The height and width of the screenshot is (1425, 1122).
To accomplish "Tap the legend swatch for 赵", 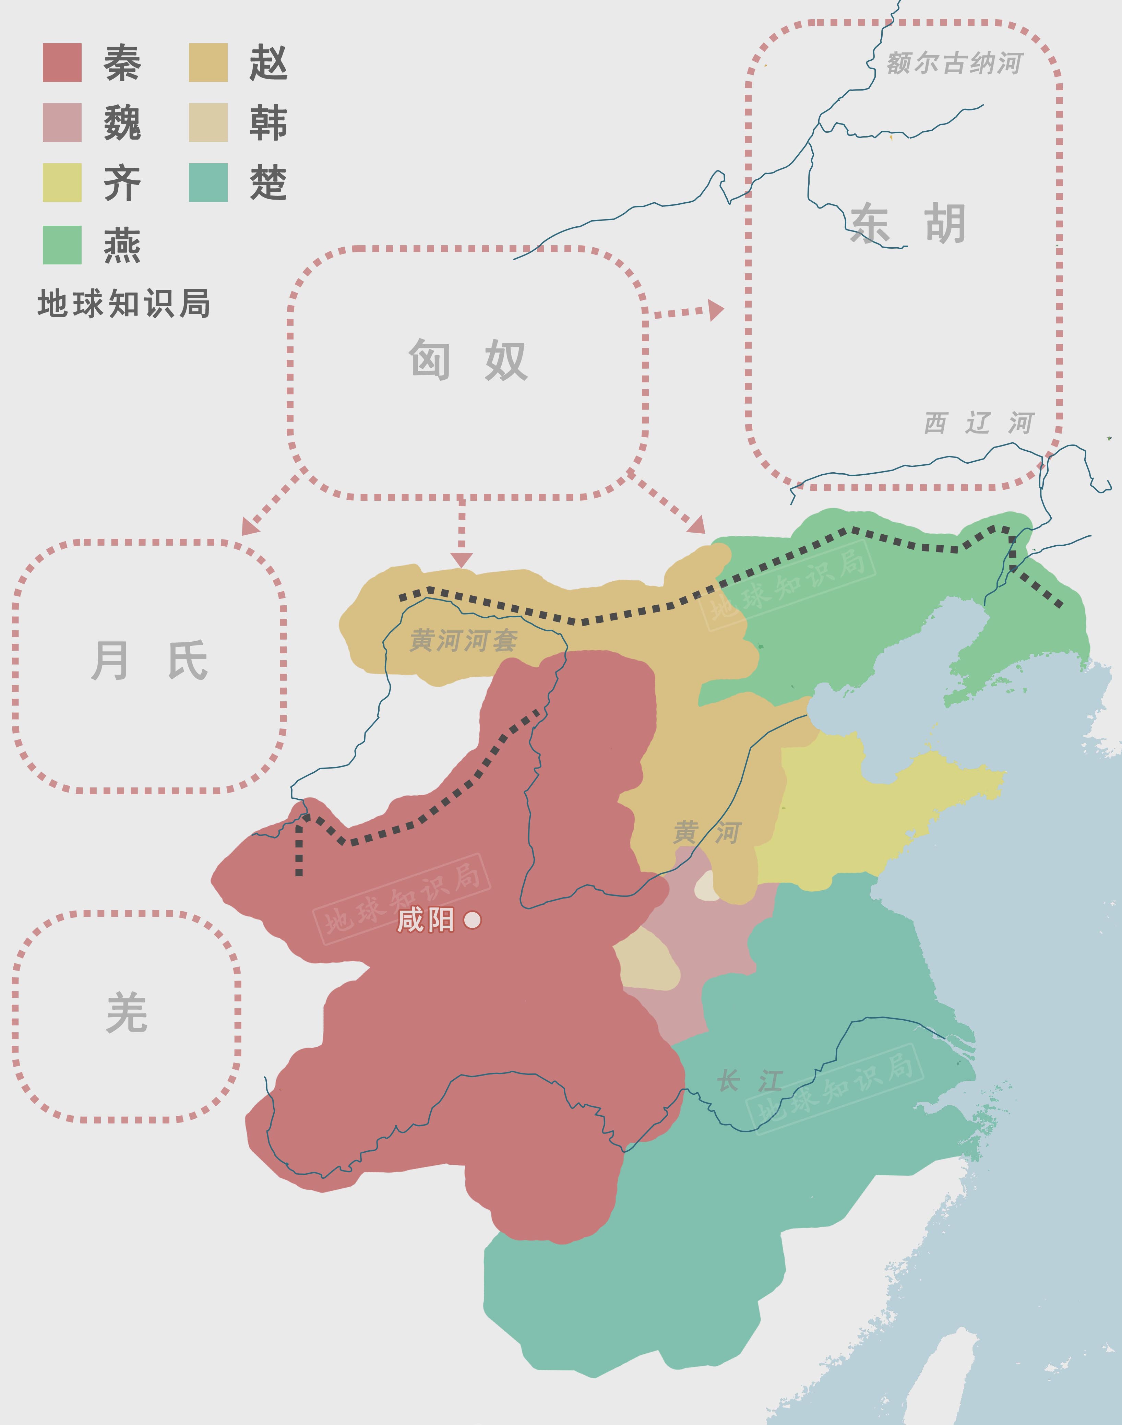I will pyautogui.click(x=208, y=63).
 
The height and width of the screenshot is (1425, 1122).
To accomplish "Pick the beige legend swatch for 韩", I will pyautogui.click(x=208, y=123).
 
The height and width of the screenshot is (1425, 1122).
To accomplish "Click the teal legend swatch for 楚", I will pyautogui.click(x=208, y=183).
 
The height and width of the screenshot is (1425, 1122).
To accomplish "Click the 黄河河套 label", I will pyautogui.click(x=464, y=641).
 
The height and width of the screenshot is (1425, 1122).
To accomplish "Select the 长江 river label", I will pyautogui.click(x=750, y=1081).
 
